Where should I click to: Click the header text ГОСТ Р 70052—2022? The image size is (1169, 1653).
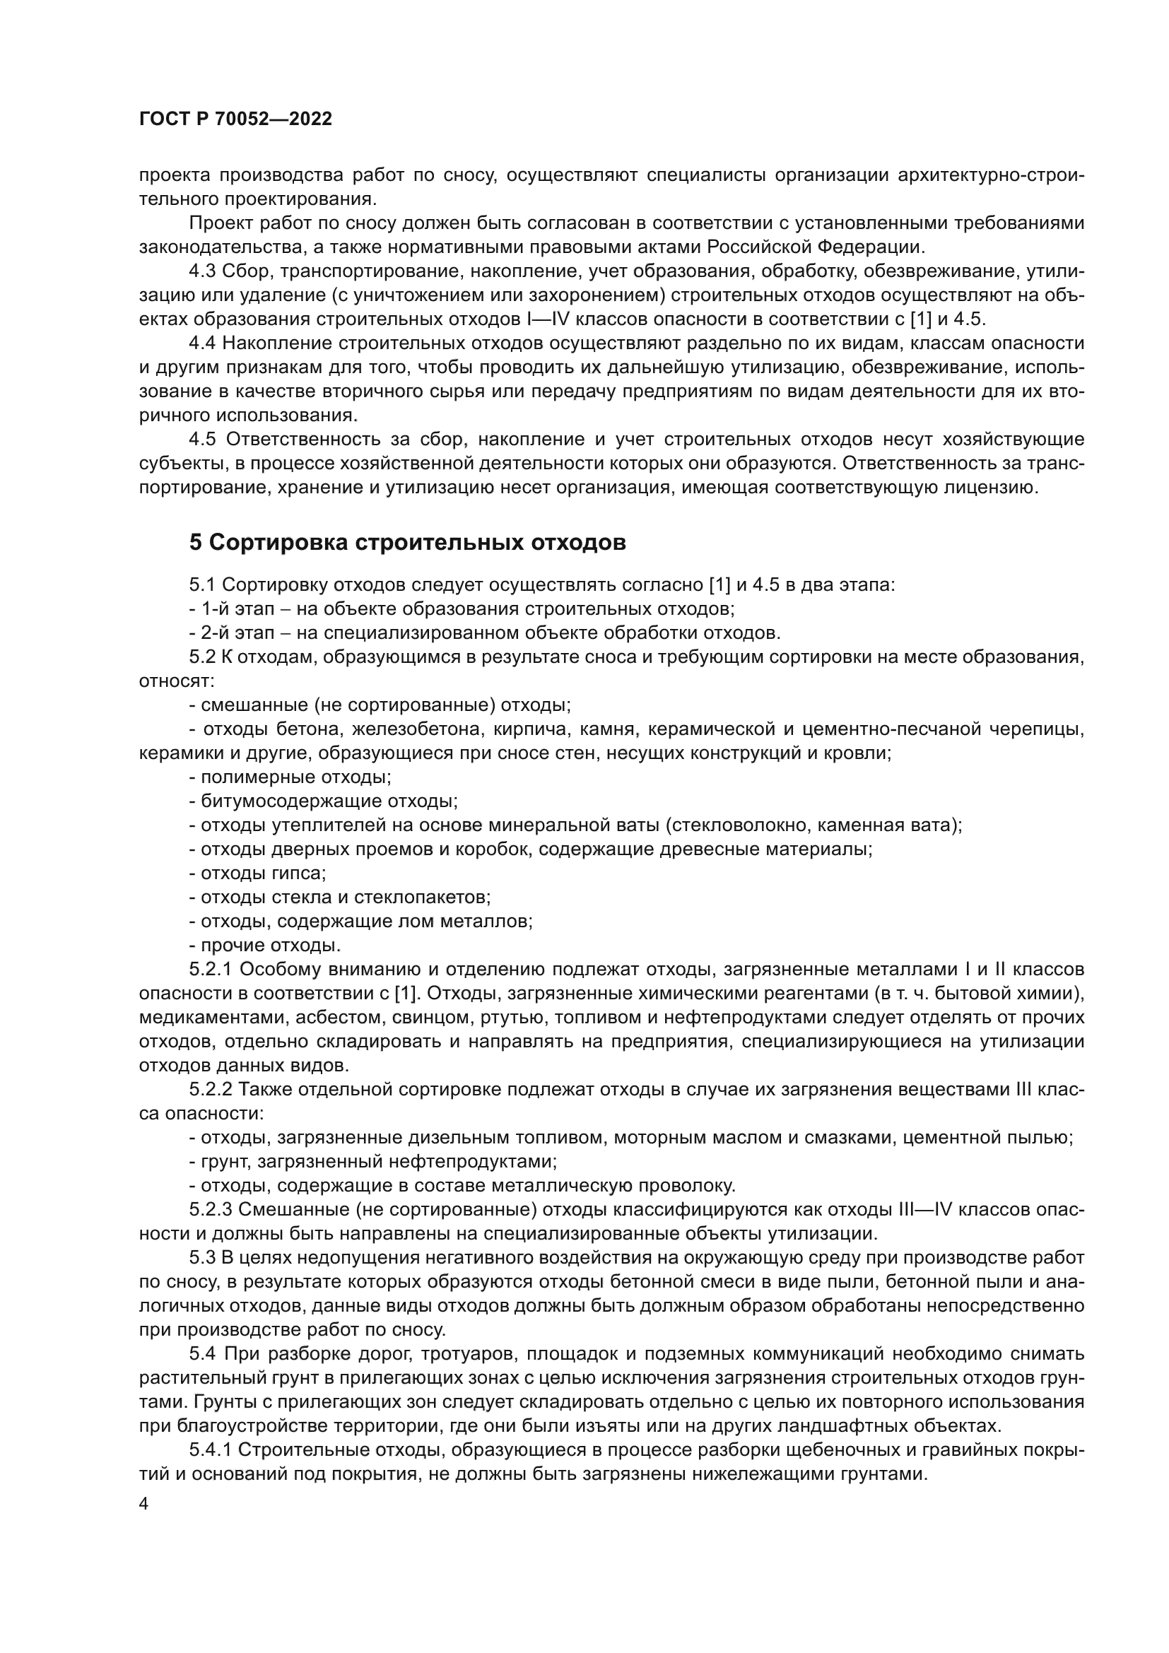coord(235,119)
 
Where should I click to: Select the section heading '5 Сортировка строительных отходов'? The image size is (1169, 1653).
coord(407,542)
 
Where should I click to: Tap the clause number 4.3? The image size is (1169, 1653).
coord(202,271)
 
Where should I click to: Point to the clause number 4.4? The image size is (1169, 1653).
coord(202,343)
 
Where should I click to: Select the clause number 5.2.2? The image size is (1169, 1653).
coord(210,1089)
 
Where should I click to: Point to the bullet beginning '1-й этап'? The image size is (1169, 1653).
coord(461,609)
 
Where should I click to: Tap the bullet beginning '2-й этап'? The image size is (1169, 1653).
coord(483,633)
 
